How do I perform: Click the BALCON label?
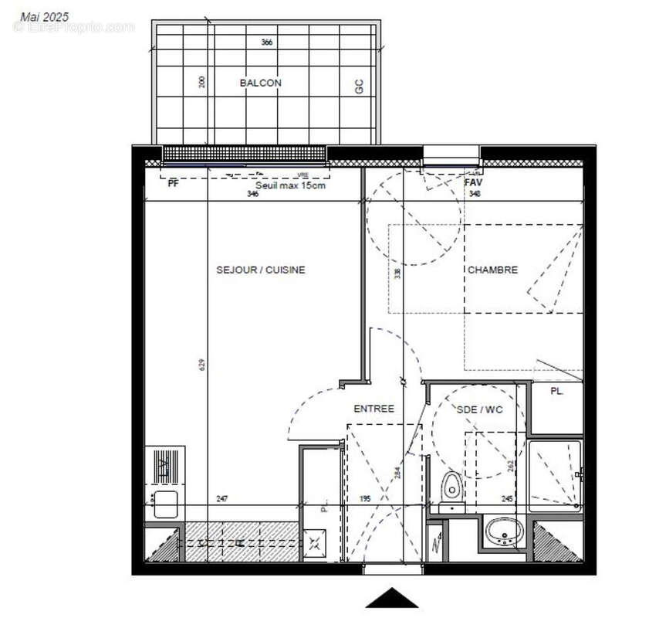[260, 83]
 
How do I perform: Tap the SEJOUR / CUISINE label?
[260, 270]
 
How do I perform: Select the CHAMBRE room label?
[492, 270]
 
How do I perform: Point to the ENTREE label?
[374, 409]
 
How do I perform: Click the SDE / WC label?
[479, 409]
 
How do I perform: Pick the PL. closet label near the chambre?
[556, 391]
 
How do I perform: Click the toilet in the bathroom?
[451, 487]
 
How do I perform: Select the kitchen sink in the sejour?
[167, 504]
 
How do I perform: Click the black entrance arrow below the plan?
[392, 598]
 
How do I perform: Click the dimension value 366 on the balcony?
[267, 42]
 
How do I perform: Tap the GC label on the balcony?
[359, 87]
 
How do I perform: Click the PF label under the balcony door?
[173, 184]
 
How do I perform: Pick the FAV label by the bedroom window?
[473, 182]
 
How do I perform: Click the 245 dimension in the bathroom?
[507, 500]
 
